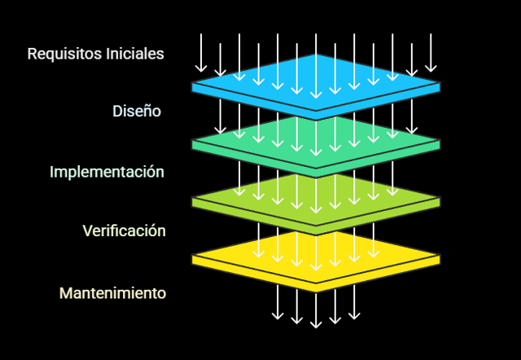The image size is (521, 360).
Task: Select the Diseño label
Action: pyautogui.click(x=137, y=111)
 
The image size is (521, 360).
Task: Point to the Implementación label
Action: pyautogui.click(x=107, y=172)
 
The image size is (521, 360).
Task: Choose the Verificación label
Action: pyautogui.click(x=124, y=230)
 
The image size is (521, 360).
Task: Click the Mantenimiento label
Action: pyautogui.click(x=112, y=292)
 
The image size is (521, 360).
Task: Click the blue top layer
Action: pyautogui.click(x=316, y=81)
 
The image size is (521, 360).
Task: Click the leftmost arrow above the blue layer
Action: pyautogui.click(x=200, y=53)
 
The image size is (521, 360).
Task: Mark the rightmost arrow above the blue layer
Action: pyautogui.click(x=431, y=53)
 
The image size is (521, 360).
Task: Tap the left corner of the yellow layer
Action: pyautogui.click(x=194, y=258)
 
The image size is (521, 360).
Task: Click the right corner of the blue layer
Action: pyautogui.click(x=439, y=85)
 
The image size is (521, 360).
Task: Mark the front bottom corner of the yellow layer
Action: pyautogui.click(x=316, y=290)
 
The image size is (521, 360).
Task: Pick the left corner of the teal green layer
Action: pyautogui.click(x=194, y=143)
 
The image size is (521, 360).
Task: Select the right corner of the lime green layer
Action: pyautogui.click(x=439, y=200)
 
